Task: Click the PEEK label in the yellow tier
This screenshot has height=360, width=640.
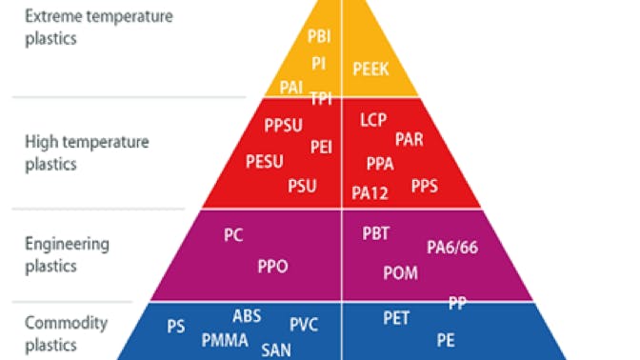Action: (371, 68)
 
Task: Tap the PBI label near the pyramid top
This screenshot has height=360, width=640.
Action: (320, 36)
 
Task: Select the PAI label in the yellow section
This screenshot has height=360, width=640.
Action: (292, 87)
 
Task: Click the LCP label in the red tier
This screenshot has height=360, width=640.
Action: (373, 121)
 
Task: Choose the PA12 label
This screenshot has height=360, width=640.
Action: (370, 192)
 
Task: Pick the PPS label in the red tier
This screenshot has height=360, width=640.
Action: (425, 185)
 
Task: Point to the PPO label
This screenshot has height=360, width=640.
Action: (272, 266)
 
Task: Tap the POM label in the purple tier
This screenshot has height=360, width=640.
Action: (400, 273)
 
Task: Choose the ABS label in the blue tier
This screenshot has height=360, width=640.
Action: (247, 316)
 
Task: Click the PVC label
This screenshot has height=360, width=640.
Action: (304, 324)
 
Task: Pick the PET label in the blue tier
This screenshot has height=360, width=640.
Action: (396, 317)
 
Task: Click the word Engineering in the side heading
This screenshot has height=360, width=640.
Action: (67, 244)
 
